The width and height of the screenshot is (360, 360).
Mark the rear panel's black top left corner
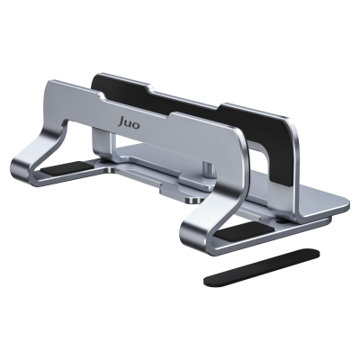(x=98, y=79)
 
